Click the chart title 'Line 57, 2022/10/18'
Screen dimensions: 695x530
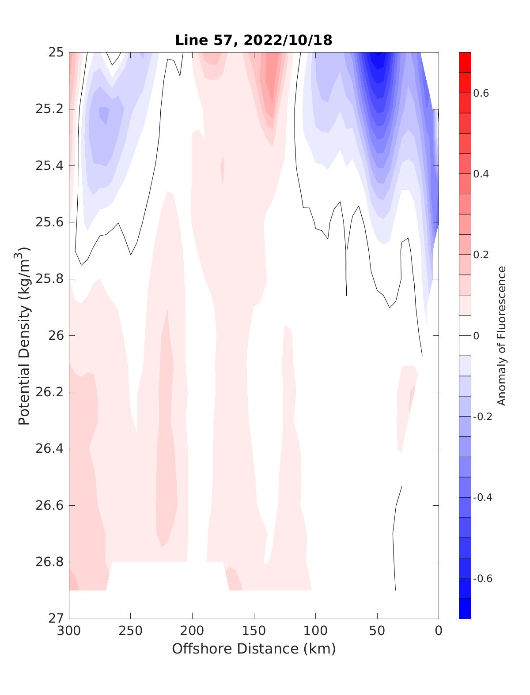pos(254,40)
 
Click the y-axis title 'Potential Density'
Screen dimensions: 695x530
pos(24,336)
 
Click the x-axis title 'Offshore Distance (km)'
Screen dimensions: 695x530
pos(254,649)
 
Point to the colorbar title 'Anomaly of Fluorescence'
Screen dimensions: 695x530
pos(501,336)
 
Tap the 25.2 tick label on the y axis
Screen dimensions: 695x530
pos(49,109)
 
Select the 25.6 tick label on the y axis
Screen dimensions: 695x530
pos(49,222)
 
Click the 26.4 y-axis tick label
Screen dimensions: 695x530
pos(49,449)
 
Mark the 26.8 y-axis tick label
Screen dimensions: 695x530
pos(49,562)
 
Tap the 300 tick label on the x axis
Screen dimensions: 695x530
pos(69,631)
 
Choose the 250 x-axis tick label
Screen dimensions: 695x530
pos(131,631)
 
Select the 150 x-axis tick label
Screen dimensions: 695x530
pos(254,631)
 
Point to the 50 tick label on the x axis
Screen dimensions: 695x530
pos(377,631)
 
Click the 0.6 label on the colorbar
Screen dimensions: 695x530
pos(481,93)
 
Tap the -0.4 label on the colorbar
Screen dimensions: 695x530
pos(482,498)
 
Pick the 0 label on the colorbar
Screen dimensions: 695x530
pos(476,336)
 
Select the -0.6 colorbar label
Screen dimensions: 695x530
pos(482,579)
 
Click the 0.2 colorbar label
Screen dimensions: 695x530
pos(481,255)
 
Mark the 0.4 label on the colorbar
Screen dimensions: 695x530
pos(481,174)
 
